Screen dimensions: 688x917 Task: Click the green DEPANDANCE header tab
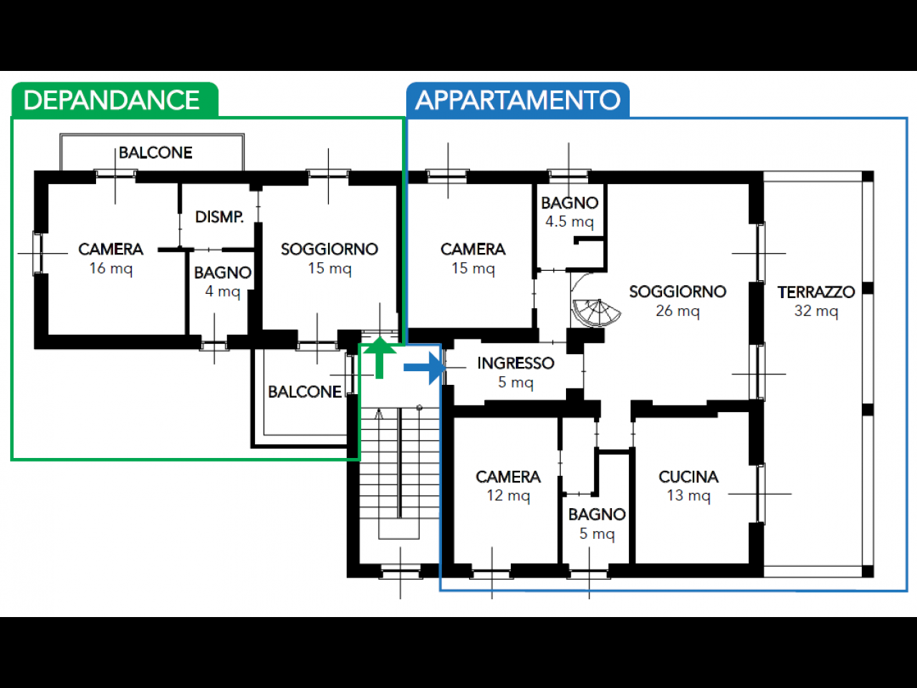coord(112,100)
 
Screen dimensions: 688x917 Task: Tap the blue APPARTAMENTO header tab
coord(518,100)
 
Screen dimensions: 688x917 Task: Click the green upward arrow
coord(380,357)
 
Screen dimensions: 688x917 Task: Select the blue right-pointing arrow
coord(425,368)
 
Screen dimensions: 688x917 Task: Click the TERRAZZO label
coord(816,292)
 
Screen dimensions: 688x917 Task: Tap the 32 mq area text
coord(816,311)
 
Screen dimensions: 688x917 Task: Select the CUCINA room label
coord(688,477)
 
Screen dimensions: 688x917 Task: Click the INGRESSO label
coord(516,363)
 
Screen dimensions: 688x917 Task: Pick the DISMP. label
coord(219,217)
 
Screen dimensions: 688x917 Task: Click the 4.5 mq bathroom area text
coord(570,221)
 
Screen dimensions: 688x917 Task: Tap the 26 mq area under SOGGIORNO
coord(677,311)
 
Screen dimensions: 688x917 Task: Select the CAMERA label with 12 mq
coord(508,477)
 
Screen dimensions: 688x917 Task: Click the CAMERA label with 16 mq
coord(111,249)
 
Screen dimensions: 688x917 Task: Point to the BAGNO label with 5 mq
coord(597,515)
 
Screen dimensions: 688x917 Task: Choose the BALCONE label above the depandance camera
coord(155,153)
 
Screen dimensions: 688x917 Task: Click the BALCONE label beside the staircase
coord(304,392)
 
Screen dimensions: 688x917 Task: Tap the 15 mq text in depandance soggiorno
coord(330,269)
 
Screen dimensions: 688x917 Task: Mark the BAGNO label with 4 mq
coord(223,273)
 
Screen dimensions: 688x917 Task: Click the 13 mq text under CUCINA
coord(688,495)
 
